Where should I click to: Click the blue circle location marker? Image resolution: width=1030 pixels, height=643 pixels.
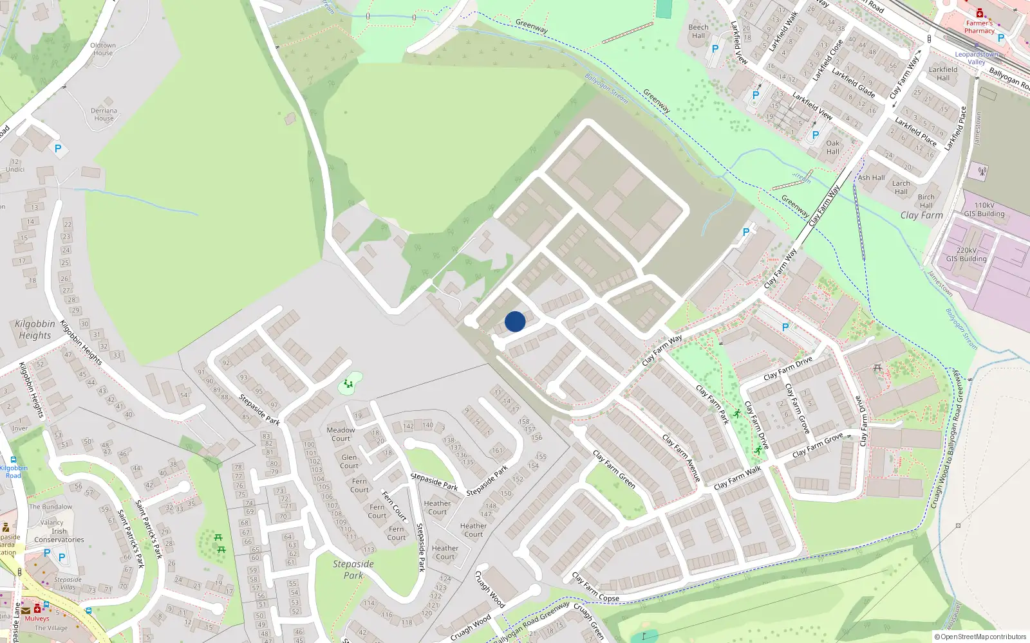coord(515,321)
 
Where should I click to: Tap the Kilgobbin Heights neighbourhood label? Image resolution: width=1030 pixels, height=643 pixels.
coord(35,329)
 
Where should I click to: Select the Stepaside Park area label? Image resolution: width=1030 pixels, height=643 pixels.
coord(353,569)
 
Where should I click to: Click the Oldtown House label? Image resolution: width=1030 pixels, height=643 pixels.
coord(103,49)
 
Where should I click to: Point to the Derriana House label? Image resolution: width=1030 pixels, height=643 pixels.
coord(104,114)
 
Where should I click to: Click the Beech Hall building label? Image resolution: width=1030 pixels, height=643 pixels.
coord(698,32)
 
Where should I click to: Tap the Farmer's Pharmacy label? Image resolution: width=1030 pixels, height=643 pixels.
coord(979,27)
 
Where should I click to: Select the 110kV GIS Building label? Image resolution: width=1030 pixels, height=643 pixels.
coord(984,210)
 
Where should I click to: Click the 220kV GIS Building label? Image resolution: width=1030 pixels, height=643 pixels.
coord(966,255)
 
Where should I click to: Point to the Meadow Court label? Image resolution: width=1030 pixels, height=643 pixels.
coord(341,434)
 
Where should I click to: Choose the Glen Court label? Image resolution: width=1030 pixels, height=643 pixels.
coord(349,462)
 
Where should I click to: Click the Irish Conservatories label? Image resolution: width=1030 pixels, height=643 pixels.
coord(59,536)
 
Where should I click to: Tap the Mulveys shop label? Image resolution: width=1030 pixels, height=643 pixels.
coord(37,619)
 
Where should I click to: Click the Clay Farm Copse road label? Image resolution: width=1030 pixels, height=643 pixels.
coord(595,588)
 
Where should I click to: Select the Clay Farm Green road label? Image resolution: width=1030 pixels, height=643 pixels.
coord(614,469)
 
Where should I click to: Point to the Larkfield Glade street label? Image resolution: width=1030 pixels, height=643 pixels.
coord(853,83)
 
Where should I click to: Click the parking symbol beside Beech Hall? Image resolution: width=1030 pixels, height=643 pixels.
coord(715,49)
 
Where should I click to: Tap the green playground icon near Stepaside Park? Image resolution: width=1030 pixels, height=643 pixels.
coord(348,385)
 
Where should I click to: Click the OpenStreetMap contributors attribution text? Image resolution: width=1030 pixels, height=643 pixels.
coord(980,637)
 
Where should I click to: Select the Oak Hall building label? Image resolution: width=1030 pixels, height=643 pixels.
coord(833,147)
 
